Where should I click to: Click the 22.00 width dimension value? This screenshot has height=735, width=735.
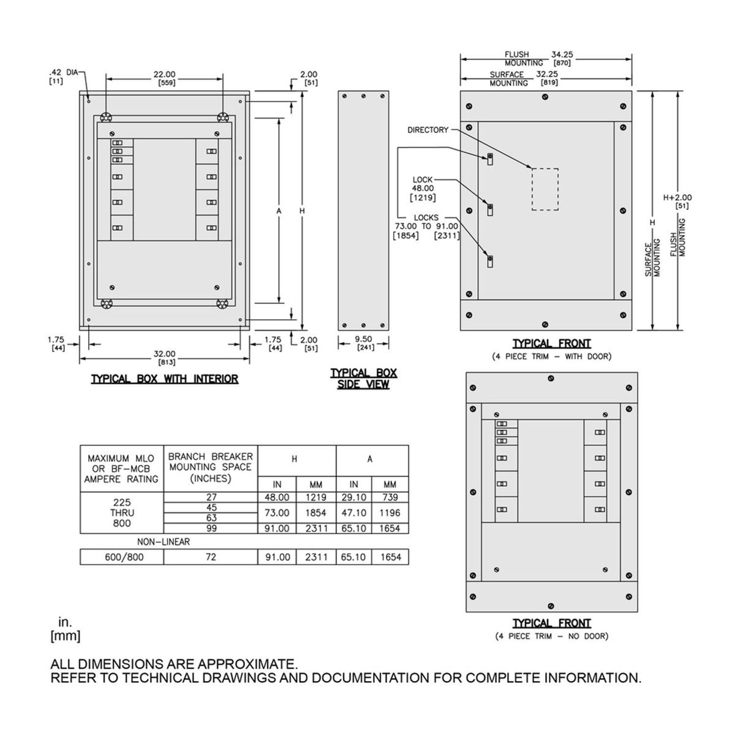click(164, 74)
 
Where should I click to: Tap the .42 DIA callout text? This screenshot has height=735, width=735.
click(63, 72)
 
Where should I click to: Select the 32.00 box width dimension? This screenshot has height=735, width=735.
click(164, 355)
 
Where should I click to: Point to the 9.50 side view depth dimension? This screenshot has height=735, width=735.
click(363, 339)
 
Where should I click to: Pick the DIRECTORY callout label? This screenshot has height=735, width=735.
click(428, 130)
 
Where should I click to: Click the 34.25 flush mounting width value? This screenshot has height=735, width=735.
click(562, 55)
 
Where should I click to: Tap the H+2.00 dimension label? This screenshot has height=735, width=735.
click(677, 198)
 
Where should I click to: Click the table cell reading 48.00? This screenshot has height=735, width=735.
click(277, 497)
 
